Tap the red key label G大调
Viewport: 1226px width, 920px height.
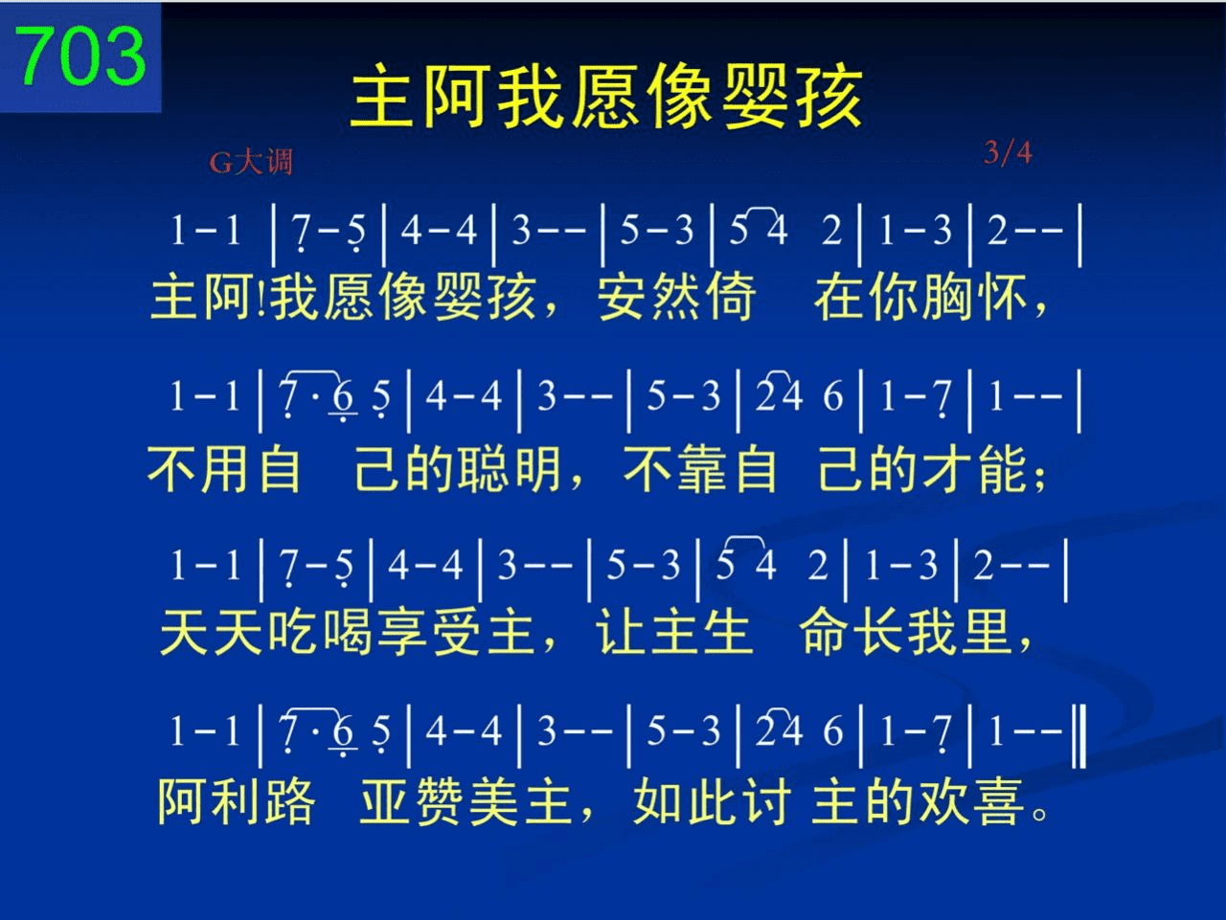tap(251, 163)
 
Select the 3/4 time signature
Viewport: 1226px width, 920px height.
tap(1008, 152)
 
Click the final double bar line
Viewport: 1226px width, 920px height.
tap(1079, 737)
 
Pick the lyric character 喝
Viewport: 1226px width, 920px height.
tap(347, 632)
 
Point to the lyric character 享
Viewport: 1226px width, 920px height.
tap(401, 632)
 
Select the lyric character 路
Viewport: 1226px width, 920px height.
tap(289, 802)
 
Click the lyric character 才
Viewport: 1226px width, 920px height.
tap(948, 469)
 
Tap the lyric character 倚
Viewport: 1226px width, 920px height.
tap(731, 297)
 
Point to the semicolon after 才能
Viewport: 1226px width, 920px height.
tap(1040, 478)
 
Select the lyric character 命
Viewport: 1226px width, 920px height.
tap(824, 632)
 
